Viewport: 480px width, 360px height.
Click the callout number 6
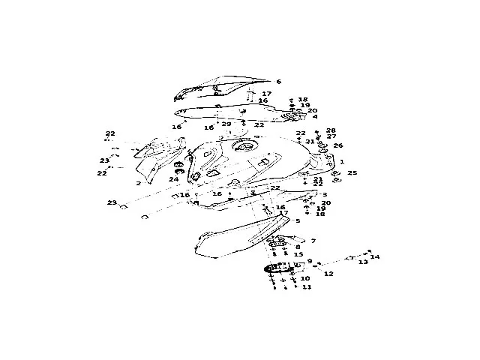278,82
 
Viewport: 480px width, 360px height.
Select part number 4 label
315,117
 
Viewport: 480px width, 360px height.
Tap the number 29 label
226,124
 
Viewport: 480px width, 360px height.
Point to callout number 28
331,130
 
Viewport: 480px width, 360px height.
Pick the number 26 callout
338,145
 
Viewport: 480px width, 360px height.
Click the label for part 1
342,161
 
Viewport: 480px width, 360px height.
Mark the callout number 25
352,173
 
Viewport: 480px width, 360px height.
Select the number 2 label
139,183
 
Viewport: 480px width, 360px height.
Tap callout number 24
174,179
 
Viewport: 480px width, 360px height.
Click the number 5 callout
298,221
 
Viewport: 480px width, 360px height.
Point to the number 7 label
313,241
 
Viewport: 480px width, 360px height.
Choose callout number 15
298,255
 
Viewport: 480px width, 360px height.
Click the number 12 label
328,274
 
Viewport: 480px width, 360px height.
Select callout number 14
376,257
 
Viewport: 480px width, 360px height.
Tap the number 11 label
306,287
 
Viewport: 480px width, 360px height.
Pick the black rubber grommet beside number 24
178,165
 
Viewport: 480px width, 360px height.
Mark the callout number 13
363,262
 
